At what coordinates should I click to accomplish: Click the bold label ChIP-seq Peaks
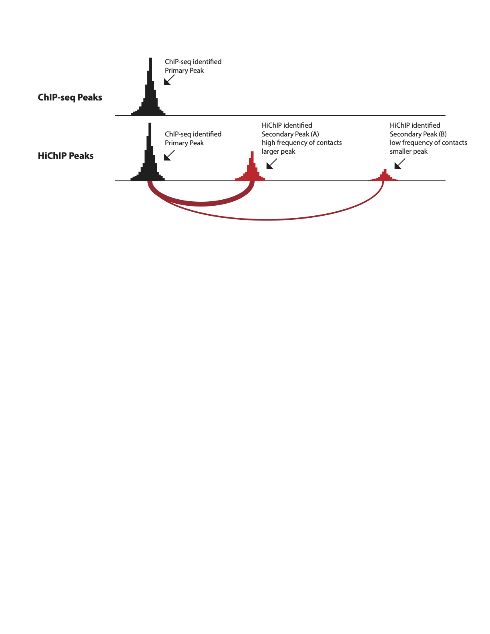click(x=70, y=97)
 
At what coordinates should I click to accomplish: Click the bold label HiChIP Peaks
click(x=66, y=156)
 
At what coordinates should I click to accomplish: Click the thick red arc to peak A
click(x=201, y=204)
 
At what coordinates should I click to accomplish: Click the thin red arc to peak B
click(x=266, y=219)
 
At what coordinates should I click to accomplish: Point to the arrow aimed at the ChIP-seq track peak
click(x=169, y=80)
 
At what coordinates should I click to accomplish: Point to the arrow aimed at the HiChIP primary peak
click(x=169, y=155)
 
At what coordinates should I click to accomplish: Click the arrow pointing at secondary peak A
click(x=271, y=164)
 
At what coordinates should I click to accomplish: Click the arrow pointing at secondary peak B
click(x=400, y=164)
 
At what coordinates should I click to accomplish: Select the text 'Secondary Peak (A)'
click(x=290, y=134)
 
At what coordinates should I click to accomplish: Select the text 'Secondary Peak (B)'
click(x=418, y=134)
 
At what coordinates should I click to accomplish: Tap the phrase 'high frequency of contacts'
click(x=301, y=142)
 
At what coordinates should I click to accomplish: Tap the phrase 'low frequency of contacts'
click(x=428, y=142)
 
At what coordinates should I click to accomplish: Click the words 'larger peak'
click(x=278, y=151)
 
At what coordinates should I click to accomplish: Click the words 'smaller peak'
click(x=409, y=151)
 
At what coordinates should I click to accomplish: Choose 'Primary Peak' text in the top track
click(x=184, y=70)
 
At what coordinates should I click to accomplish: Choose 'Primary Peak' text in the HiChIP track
click(x=184, y=143)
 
